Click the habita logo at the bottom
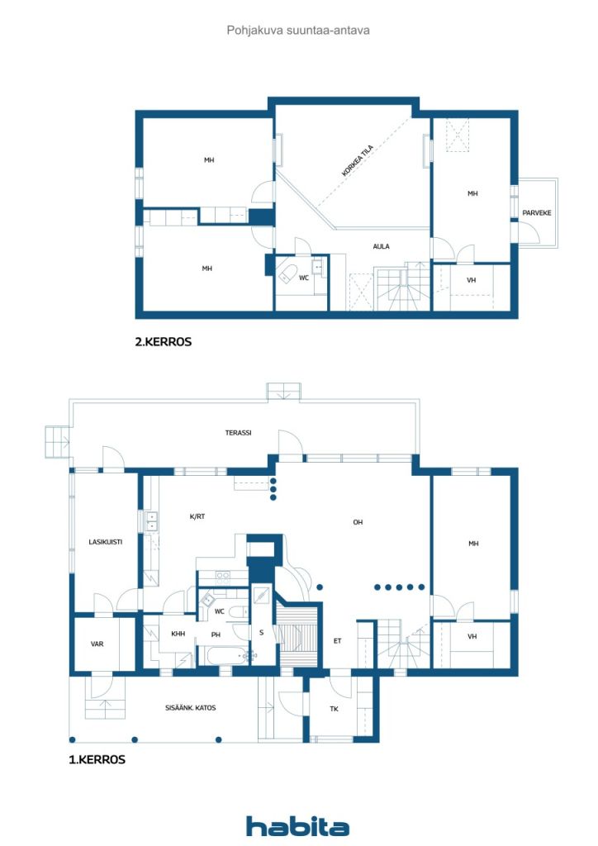297,825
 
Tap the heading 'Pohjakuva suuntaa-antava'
298,31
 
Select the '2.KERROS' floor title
163,341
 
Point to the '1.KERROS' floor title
97,759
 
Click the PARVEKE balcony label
537,213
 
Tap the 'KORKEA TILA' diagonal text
358,160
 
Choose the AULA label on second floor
382,246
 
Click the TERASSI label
239,433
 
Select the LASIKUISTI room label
105,542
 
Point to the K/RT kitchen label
197,516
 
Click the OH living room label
358,522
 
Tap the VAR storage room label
97,644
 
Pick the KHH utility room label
178,634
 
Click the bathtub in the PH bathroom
224,655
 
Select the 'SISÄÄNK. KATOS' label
190,708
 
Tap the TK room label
334,709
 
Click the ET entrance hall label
338,641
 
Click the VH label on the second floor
472,280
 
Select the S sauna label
262,632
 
